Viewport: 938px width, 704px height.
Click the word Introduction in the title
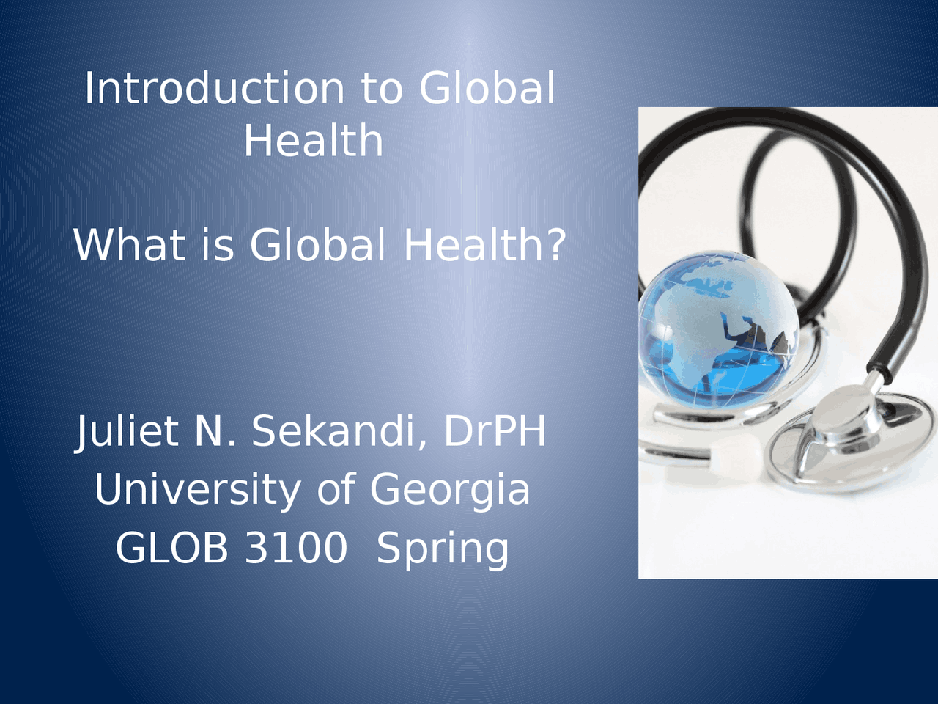214,89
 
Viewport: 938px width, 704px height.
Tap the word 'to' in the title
381,89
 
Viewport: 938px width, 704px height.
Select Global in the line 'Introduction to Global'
487,89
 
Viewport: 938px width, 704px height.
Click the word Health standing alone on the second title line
313,141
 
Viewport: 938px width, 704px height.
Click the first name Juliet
128,431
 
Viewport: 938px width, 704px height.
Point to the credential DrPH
495,431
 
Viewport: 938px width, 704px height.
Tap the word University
197,490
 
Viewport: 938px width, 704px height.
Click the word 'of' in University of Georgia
334,490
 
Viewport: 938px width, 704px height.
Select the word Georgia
449,490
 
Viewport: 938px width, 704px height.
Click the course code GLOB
171,548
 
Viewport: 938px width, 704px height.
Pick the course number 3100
295,548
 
